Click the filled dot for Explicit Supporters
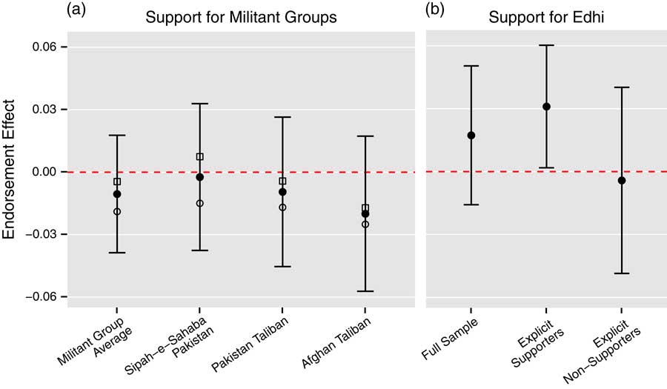[x=546, y=107]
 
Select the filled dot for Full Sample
[x=471, y=136]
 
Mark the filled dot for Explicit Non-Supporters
[x=622, y=181]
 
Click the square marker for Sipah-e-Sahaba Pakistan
[x=199, y=157]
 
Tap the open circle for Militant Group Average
[x=117, y=212]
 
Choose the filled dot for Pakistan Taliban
[x=282, y=192]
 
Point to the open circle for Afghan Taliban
[x=365, y=224]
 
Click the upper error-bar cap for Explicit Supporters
[x=546, y=45]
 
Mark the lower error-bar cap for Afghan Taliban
[x=365, y=291]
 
